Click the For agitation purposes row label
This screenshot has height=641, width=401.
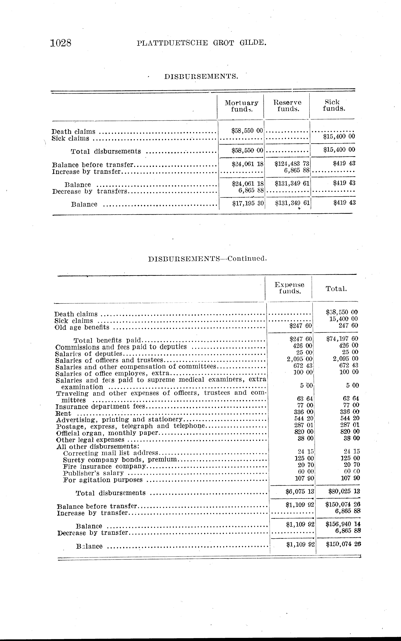tap(103, 480)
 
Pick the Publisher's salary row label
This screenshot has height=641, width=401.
tap(93, 473)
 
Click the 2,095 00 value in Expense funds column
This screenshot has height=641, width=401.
tap(300, 359)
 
